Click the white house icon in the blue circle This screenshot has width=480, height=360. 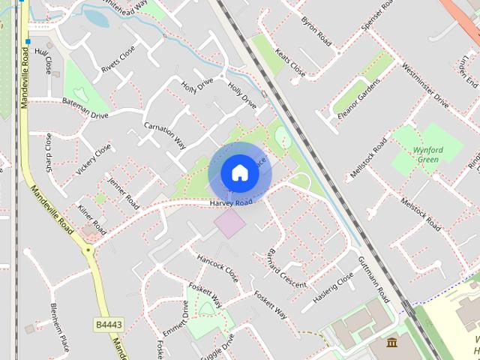pos(239,172)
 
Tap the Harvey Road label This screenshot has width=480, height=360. pos(231,203)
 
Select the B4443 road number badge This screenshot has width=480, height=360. pos(109,325)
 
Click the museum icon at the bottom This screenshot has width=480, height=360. pos(393,343)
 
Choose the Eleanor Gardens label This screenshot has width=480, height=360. pos(355,98)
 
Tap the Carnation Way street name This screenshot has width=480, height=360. pos(165,134)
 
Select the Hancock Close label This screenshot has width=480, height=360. pos(217,267)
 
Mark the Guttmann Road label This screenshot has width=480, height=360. pos(373,275)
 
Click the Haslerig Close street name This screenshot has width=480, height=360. pos(332,287)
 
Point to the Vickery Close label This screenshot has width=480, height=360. pos(94,159)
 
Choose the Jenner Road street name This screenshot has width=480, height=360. pos(123,192)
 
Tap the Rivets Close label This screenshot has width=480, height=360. pos(118,60)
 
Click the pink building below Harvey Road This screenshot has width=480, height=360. pos(229,223)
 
